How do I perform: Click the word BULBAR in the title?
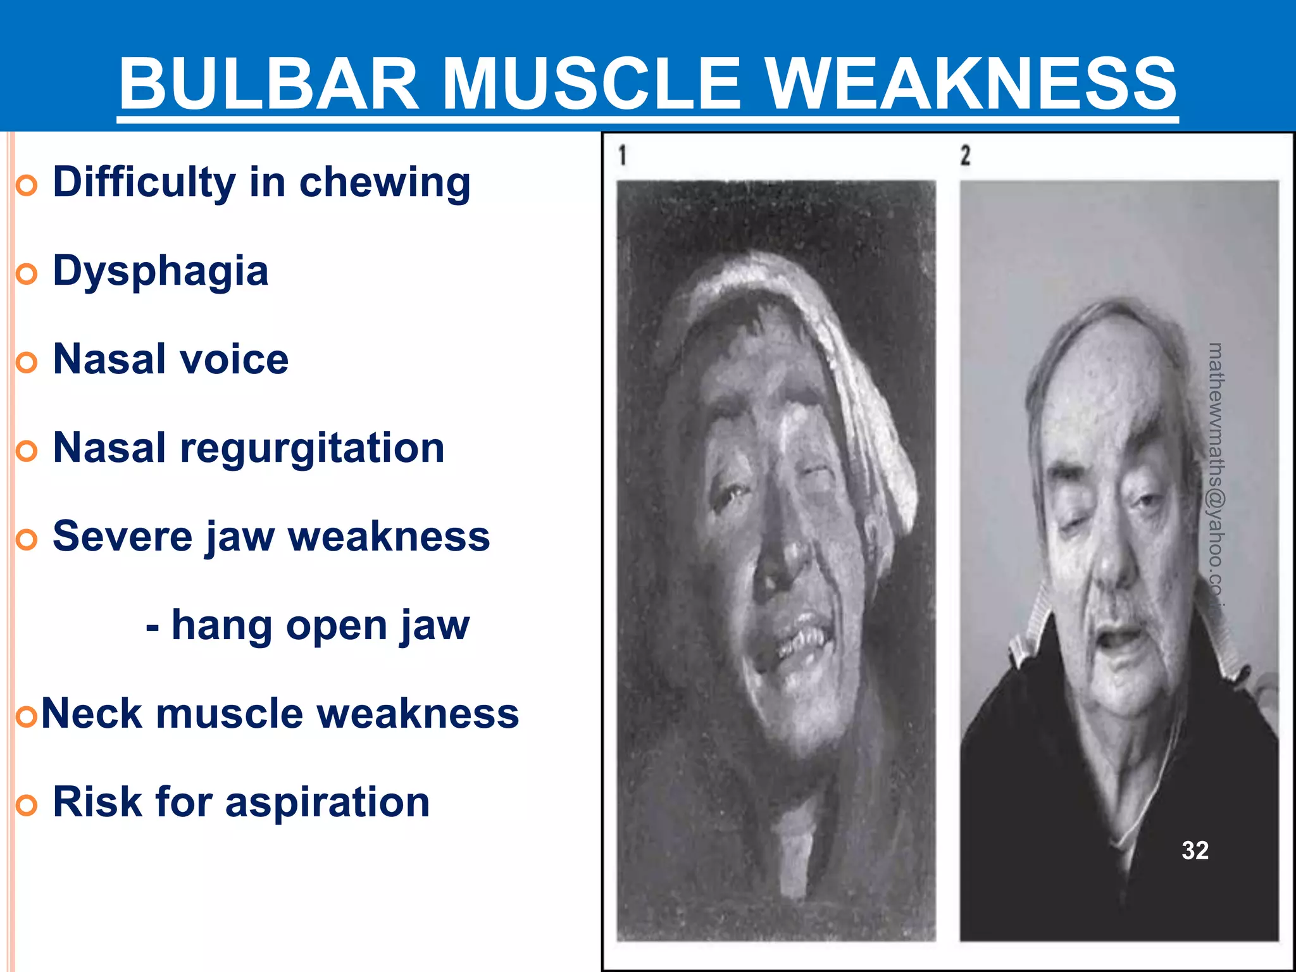click(269, 84)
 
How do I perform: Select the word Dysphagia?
click(161, 271)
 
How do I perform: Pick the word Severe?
click(123, 537)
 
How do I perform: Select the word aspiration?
click(327, 802)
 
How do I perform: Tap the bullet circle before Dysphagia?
click(27, 274)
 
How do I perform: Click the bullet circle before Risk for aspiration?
click(27, 806)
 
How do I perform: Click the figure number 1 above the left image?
click(623, 155)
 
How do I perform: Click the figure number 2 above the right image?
click(965, 155)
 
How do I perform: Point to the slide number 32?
click(1195, 850)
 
